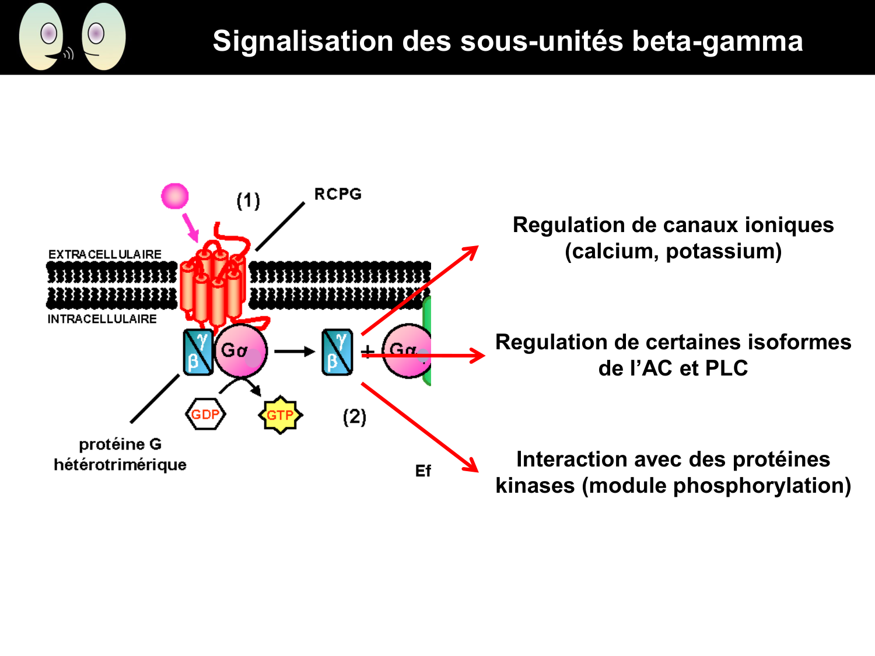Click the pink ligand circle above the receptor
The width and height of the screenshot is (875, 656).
coord(175,196)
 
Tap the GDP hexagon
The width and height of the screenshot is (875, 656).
coord(205,415)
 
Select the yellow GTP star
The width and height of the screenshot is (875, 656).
coord(280,415)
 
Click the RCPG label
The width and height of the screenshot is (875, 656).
coord(338,194)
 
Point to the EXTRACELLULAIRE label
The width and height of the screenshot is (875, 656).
coord(105,255)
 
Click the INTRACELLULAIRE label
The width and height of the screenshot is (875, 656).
coord(102,319)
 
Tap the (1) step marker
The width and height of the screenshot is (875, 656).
coord(248,201)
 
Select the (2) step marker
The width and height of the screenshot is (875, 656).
coord(354,417)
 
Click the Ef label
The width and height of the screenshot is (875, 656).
coord(423,471)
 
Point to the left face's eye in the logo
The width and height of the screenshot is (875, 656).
coord(49,33)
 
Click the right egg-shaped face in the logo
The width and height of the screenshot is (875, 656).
coord(104,37)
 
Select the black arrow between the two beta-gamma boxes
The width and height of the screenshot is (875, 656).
coord(294,352)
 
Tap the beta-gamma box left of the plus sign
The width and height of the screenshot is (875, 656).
coord(337,352)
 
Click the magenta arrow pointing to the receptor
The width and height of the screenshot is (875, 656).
coord(190,228)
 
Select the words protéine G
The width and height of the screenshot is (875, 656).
coord(120,444)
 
